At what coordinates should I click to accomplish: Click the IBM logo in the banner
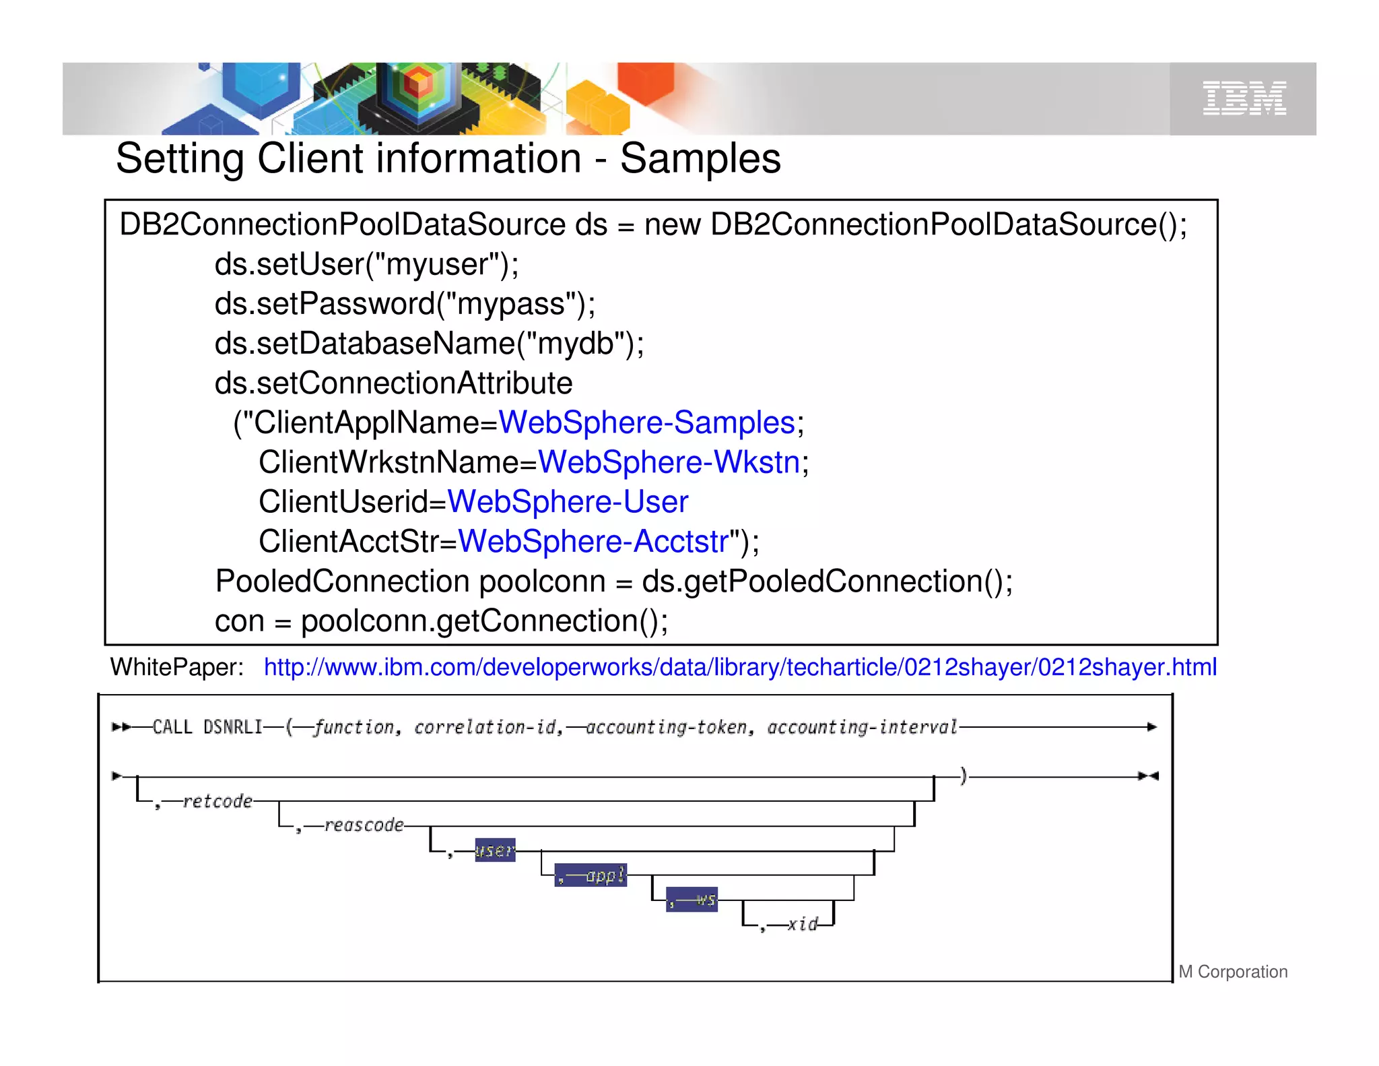[1244, 99]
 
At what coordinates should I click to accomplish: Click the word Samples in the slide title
[700, 159]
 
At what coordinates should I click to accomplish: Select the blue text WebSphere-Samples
[646, 423]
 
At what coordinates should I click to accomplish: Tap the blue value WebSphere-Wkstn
[669, 463]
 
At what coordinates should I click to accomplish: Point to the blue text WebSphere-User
[568, 502]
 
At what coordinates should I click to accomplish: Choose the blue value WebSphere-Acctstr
[593, 542]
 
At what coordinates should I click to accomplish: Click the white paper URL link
[739, 667]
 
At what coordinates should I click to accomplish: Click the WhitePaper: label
[177, 667]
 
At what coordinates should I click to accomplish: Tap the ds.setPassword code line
[405, 304]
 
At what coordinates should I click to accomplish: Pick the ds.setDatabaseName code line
[429, 344]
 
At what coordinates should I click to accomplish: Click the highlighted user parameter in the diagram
[495, 850]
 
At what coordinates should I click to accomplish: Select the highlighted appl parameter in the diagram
[591, 875]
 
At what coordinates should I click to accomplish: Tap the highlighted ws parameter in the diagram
[692, 900]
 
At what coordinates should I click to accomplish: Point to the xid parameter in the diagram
[803, 924]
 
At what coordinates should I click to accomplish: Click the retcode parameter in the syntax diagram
[217, 801]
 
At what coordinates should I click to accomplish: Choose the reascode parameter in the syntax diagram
[364, 825]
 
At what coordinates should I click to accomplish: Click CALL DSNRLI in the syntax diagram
[207, 727]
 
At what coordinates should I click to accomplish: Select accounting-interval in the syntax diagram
[862, 727]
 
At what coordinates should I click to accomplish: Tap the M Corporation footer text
[1233, 972]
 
